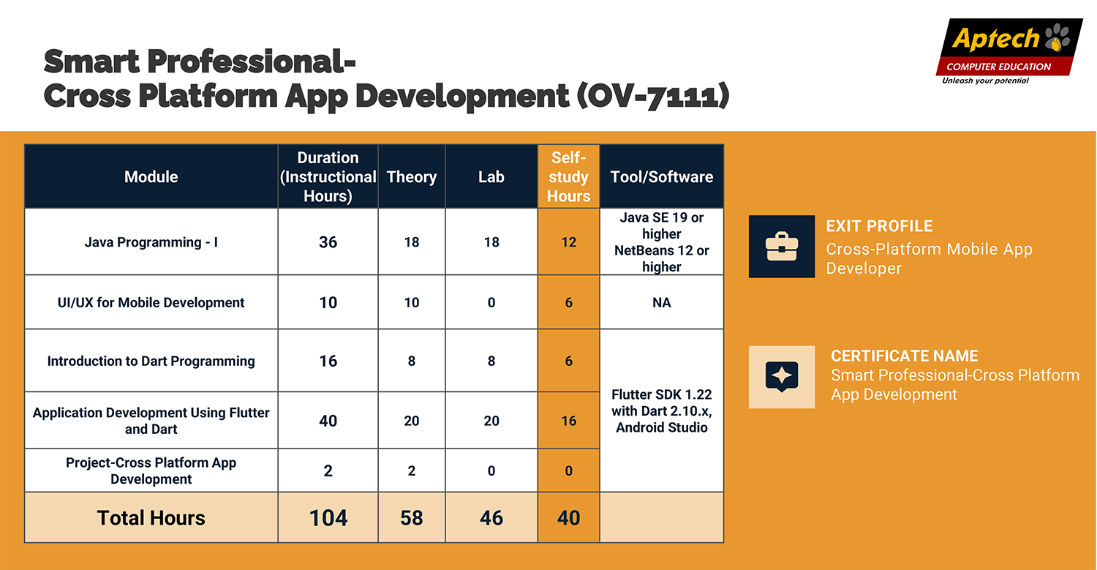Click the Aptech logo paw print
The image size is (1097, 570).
1057,37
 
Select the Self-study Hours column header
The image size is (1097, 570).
568,176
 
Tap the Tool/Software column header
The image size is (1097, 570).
662,176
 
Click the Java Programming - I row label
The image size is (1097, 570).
151,242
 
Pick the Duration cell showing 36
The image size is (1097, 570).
328,242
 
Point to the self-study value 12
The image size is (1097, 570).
568,242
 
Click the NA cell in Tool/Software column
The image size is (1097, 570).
662,302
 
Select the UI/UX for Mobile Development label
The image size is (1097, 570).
151,302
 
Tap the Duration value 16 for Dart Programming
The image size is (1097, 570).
328,361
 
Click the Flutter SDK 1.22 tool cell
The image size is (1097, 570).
662,410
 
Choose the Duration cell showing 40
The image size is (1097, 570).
328,421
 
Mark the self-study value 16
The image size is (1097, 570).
568,421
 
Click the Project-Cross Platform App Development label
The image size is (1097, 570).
151,470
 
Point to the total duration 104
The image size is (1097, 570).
328,518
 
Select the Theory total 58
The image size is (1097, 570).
411,518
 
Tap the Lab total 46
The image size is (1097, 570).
491,518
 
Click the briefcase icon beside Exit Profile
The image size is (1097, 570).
782,247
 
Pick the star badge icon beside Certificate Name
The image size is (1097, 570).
782,377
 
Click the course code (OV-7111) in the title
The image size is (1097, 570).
653,95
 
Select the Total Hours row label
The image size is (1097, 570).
151,518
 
